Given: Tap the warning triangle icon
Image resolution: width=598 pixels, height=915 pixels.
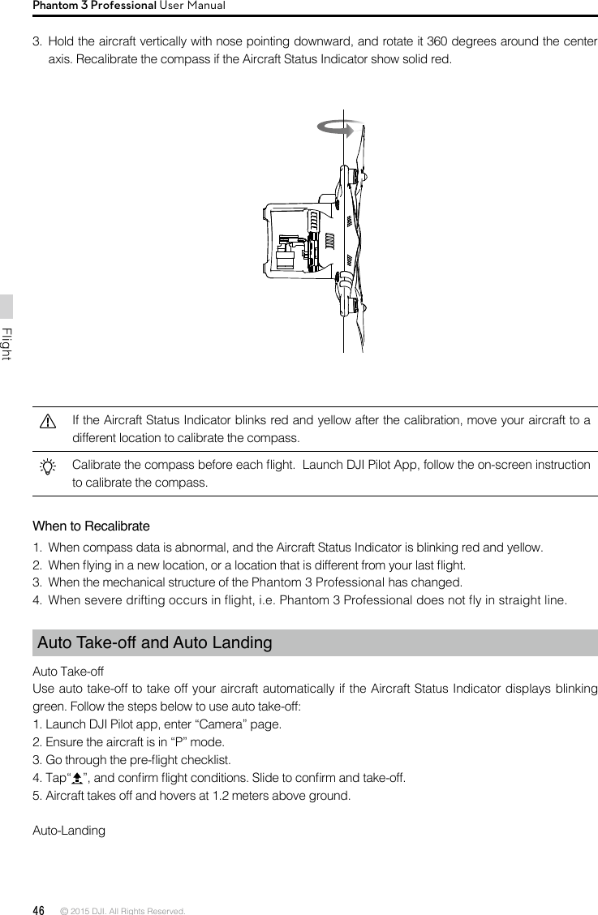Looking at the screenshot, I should pos(48,422).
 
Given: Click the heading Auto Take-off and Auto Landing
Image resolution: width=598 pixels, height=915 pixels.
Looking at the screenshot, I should pos(155,643).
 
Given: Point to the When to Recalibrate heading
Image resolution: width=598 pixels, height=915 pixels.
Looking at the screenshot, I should pos(91,526).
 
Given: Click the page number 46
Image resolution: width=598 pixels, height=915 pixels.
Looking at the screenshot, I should pos(38,910).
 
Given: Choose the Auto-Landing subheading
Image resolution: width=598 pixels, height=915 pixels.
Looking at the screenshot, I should pos(68,831).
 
